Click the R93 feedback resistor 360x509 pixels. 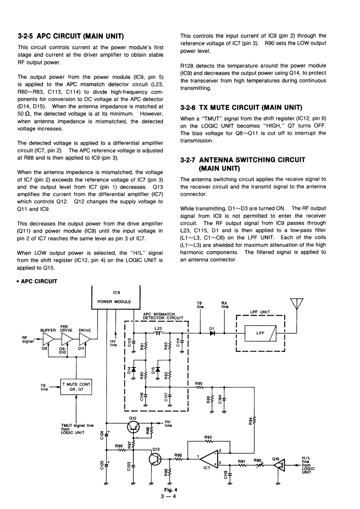pyautogui.click(x=209, y=441)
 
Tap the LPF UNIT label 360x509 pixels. pyautogui.click(x=260, y=312)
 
